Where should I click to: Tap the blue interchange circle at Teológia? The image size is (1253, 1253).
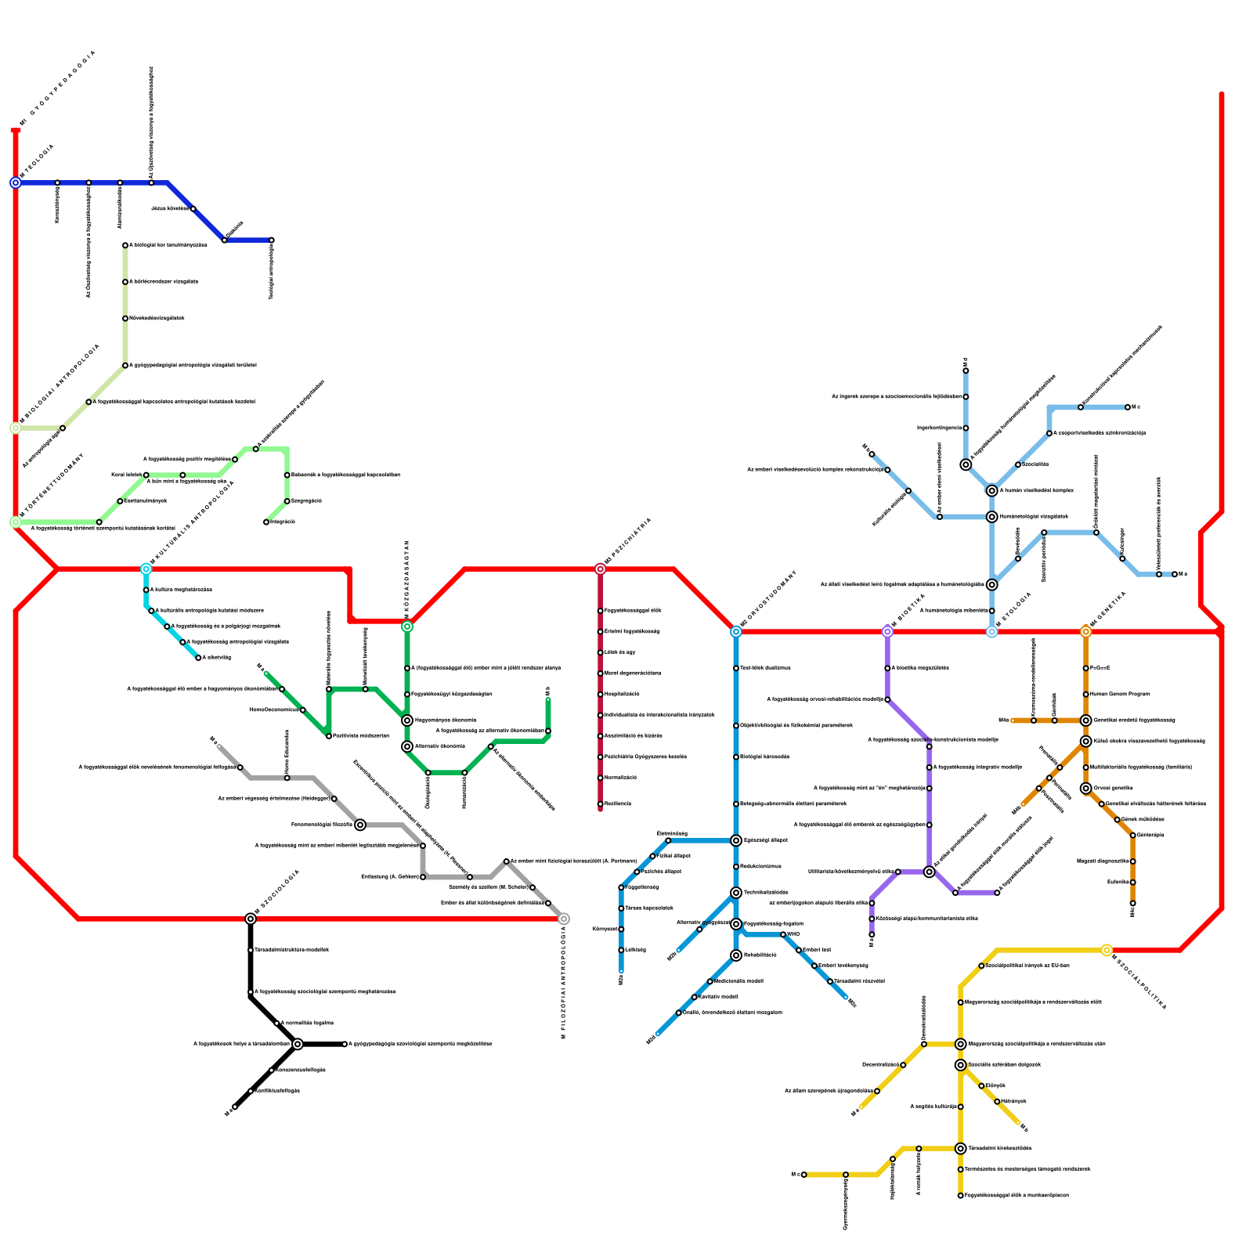[x=16, y=182]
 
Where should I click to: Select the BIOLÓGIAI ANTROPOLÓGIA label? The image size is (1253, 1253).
[x=61, y=384]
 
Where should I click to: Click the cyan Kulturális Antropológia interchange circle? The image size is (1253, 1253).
[x=146, y=569]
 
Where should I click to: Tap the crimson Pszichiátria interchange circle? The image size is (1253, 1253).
[x=600, y=569]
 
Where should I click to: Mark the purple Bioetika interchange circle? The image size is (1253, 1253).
[x=887, y=631]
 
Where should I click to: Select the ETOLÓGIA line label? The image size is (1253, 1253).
[x=1014, y=608]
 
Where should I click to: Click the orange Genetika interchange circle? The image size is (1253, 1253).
[x=1085, y=631]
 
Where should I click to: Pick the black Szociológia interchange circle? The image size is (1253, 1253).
[x=251, y=919]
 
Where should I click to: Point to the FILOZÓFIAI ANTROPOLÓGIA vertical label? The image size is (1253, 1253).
[x=563, y=982]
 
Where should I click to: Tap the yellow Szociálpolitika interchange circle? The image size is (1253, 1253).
[x=1107, y=950]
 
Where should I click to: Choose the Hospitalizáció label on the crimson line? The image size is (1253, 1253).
[x=622, y=694]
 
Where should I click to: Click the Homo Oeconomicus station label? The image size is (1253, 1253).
[x=274, y=710]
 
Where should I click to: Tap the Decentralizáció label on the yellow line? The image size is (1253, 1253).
[x=881, y=1065]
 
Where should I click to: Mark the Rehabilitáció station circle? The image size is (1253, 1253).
[x=736, y=955]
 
